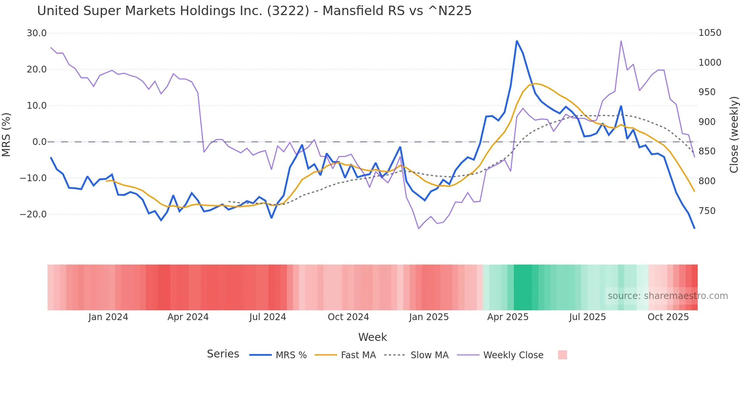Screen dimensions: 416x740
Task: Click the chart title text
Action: click(254, 11)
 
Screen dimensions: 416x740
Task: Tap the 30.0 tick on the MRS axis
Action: click(37, 33)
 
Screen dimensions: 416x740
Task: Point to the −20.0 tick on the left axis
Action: click(33, 214)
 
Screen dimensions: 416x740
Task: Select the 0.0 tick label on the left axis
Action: click(39, 142)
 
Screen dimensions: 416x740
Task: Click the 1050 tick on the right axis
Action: click(710, 33)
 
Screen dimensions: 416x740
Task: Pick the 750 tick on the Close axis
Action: click(707, 211)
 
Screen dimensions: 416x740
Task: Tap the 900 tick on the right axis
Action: click(707, 122)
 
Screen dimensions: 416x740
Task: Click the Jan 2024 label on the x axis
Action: click(108, 317)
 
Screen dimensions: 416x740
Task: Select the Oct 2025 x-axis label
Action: click(668, 317)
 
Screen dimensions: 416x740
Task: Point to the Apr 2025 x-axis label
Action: click(508, 317)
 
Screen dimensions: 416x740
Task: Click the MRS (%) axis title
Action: click(6, 134)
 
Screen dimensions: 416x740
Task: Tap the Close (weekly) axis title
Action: click(734, 134)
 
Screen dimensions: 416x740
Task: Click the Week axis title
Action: click(372, 337)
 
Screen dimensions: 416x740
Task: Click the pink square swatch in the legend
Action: click(563, 355)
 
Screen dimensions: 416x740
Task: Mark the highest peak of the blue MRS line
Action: click(517, 41)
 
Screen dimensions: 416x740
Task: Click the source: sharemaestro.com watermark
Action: click(668, 296)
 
